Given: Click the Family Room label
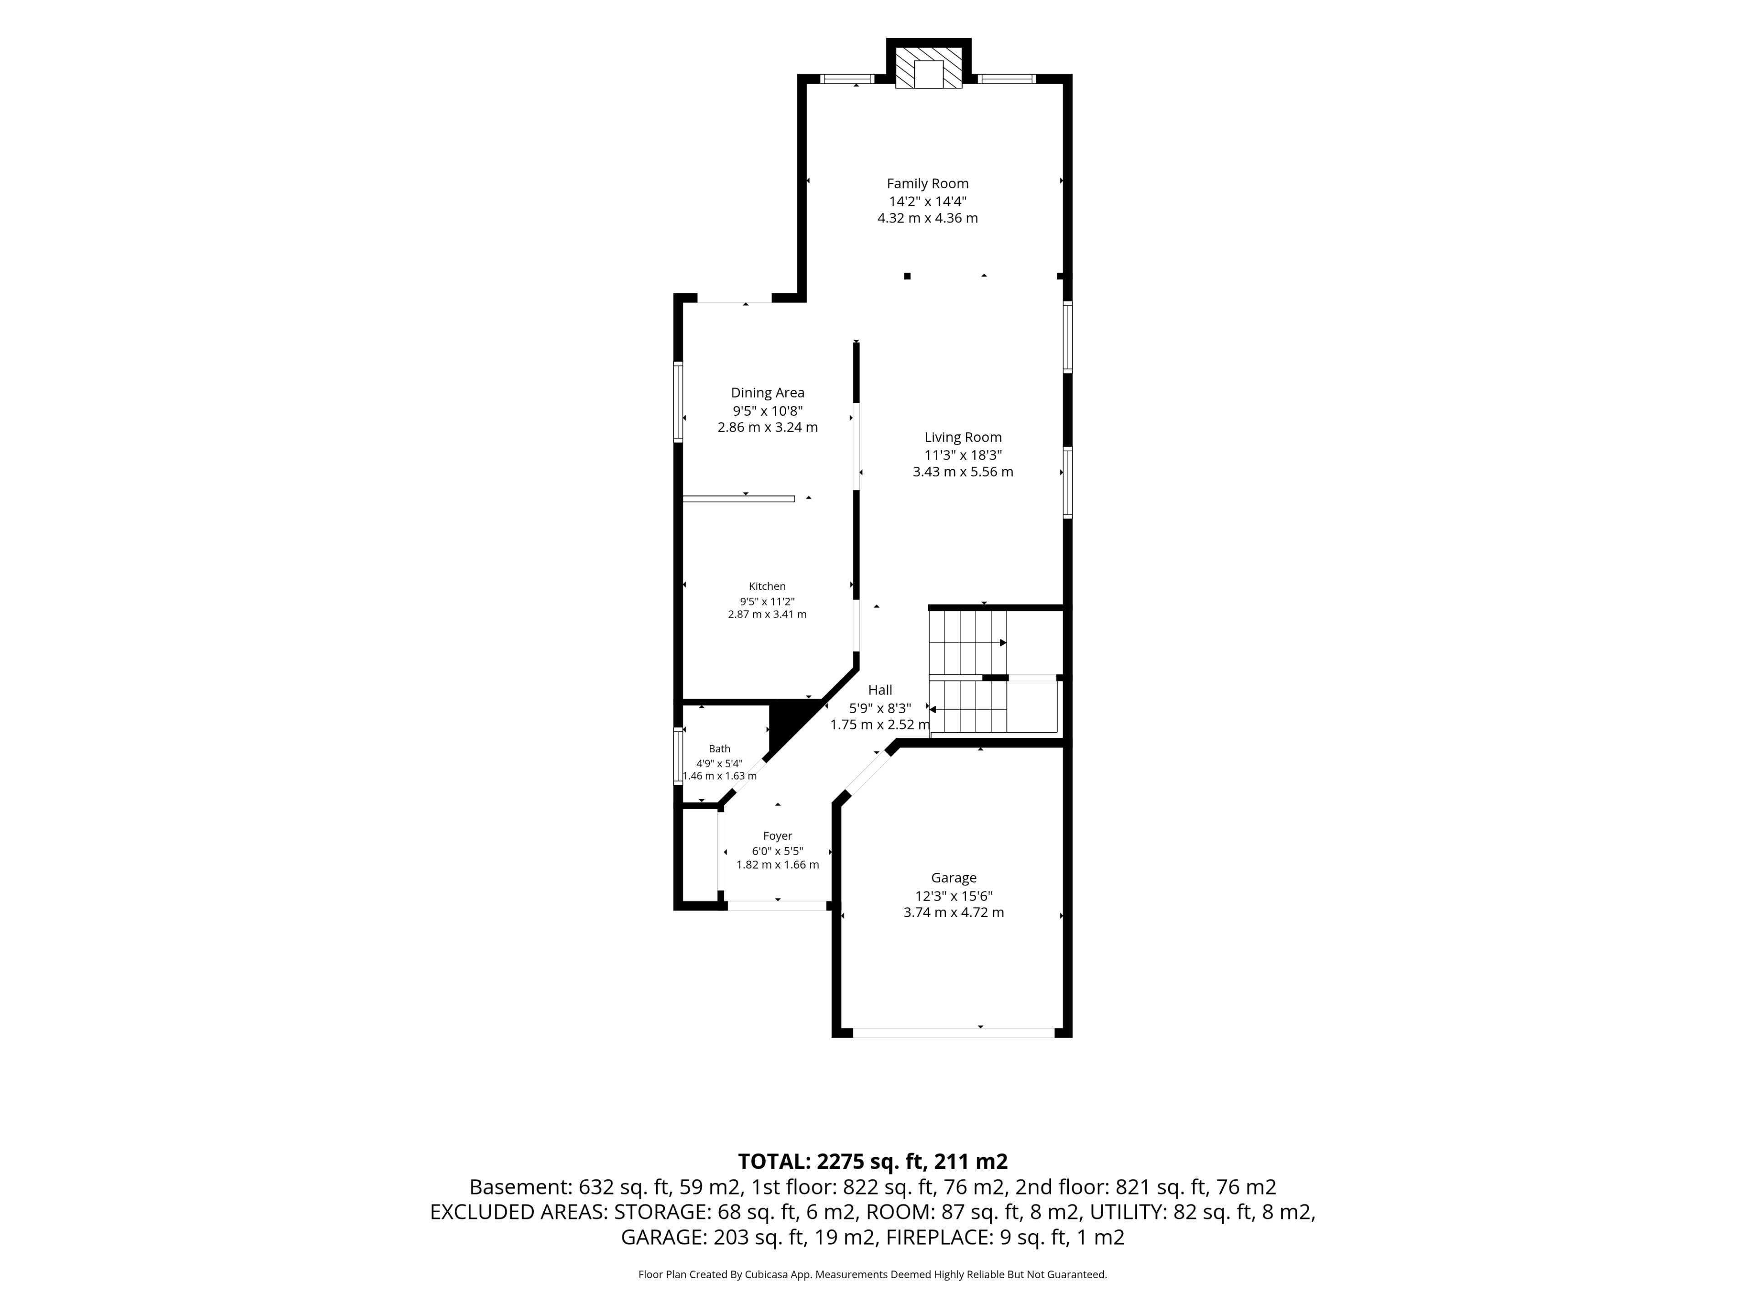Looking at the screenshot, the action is [928, 183].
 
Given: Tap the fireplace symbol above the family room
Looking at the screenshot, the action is [929, 67].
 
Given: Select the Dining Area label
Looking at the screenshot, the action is [767, 393].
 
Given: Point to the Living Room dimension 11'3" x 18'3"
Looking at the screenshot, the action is [963, 455].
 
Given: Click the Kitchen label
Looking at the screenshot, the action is [767, 586].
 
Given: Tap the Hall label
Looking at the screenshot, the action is [880, 690].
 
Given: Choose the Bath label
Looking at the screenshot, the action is [719, 749].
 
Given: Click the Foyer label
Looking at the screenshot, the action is [778, 836].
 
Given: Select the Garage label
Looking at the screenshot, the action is [953, 877].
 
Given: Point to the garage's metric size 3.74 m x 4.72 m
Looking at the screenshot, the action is [953, 912].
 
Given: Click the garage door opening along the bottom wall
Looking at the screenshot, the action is [953, 1032].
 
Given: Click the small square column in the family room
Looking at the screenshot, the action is [907, 276].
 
